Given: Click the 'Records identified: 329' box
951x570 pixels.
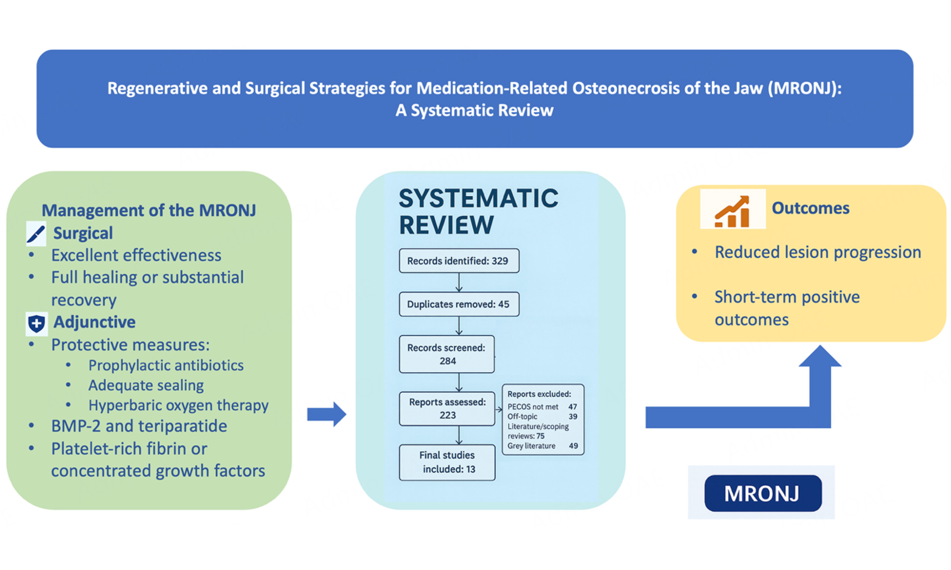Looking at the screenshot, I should [x=459, y=261].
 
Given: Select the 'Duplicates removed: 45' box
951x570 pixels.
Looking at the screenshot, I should [x=459, y=304].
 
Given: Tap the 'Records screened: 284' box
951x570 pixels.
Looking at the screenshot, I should [x=447, y=354].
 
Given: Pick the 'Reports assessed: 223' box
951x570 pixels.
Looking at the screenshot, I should [x=447, y=409].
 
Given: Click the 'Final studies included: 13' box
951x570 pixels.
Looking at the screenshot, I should [x=447, y=462].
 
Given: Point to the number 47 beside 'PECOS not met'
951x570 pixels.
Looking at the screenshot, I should [x=572, y=407].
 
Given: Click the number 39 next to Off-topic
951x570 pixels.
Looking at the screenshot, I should [x=573, y=417].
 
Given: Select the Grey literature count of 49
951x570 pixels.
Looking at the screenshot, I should [x=573, y=446].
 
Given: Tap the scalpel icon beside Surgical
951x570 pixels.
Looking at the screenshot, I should [x=36, y=233].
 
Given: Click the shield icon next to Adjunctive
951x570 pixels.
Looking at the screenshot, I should [x=36, y=324].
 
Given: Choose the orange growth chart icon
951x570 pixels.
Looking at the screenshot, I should [x=733, y=209].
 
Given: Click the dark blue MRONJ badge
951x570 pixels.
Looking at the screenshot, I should [x=763, y=494].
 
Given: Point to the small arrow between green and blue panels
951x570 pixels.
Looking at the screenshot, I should [x=327, y=415].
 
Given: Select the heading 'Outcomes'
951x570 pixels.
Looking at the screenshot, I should [x=810, y=208].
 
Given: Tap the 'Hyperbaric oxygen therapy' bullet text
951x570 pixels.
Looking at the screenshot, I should [x=178, y=406].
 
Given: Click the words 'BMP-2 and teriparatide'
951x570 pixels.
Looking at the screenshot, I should [x=139, y=426].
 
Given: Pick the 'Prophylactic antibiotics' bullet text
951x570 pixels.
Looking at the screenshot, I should [x=166, y=365].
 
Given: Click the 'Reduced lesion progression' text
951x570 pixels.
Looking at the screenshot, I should [x=818, y=252].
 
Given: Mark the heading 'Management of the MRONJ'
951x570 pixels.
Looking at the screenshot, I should [x=149, y=210].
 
